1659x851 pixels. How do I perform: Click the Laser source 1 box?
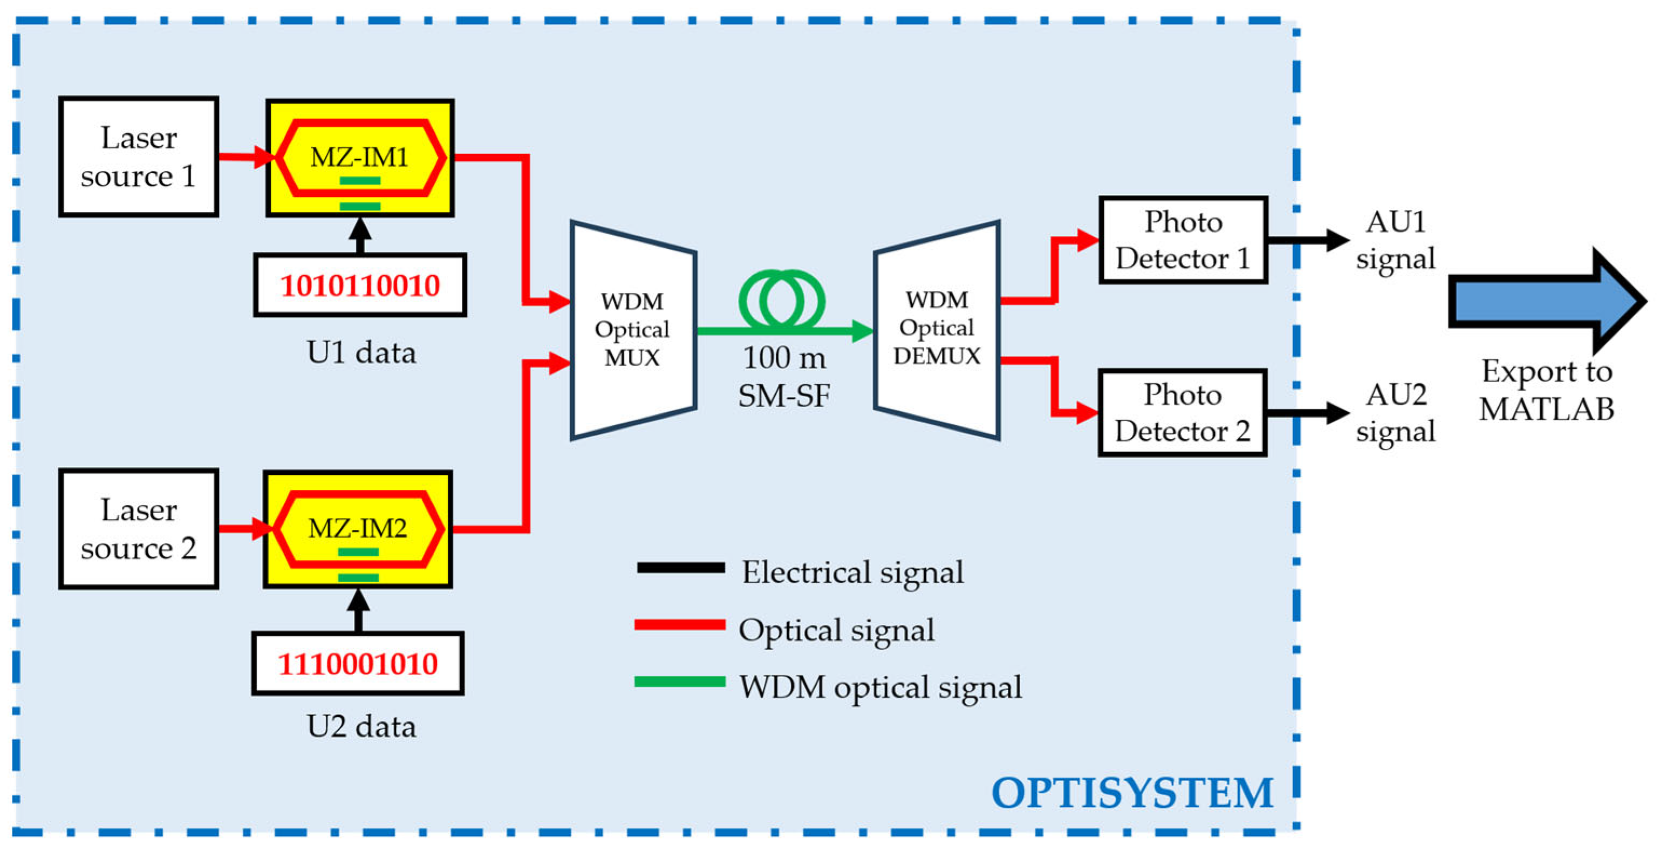pos(139,156)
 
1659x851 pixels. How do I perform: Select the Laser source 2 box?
pos(139,528)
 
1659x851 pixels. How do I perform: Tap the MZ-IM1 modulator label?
pos(359,156)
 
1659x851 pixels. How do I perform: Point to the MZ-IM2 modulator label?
pos(358,528)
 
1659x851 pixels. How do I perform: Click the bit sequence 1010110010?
pos(360,285)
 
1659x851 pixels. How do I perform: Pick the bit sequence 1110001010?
pos(358,664)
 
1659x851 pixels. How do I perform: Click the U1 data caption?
pos(361,352)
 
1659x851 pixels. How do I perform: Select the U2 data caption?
pos(361,726)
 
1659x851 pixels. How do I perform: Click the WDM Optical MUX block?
pos(632,330)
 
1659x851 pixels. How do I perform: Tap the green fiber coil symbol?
pos(782,300)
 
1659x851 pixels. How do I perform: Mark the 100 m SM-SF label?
pos(784,377)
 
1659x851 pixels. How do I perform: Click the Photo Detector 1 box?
pos(1183,240)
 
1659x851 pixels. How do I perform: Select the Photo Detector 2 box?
pos(1183,412)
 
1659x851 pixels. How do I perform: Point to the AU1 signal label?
pos(1396,240)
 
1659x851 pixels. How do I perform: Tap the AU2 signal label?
pos(1396,412)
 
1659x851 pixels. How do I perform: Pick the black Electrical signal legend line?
pos(681,568)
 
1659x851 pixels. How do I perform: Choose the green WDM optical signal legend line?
pos(680,682)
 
